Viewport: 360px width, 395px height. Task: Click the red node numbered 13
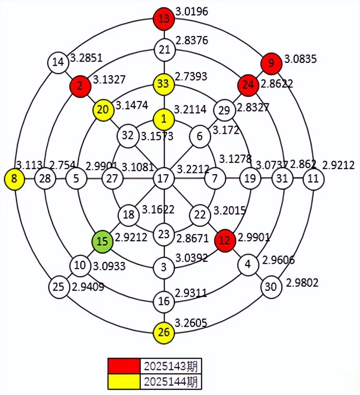(x=164, y=18)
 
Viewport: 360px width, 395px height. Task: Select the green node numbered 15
(x=102, y=241)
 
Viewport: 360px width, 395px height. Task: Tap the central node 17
(x=164, y=178)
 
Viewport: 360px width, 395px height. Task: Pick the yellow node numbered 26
(x=164, y=333)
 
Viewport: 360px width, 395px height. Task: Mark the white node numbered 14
(x=58, y=62)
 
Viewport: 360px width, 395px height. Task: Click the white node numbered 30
(x=271, y=287)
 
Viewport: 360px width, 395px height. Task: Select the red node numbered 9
(x=271, y=62)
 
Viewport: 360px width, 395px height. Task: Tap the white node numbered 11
(x=313, y=179)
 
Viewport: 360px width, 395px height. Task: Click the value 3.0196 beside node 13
(x=192, y=11)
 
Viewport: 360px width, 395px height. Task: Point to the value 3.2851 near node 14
(x=86, y=58)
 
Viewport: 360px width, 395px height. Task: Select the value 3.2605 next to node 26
(x=191, y=323)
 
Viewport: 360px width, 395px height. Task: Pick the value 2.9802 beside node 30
(x=302, y=283)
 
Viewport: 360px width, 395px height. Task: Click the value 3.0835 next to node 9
(x=300, y=59)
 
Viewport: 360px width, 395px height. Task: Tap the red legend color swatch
(x=124, y=366)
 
